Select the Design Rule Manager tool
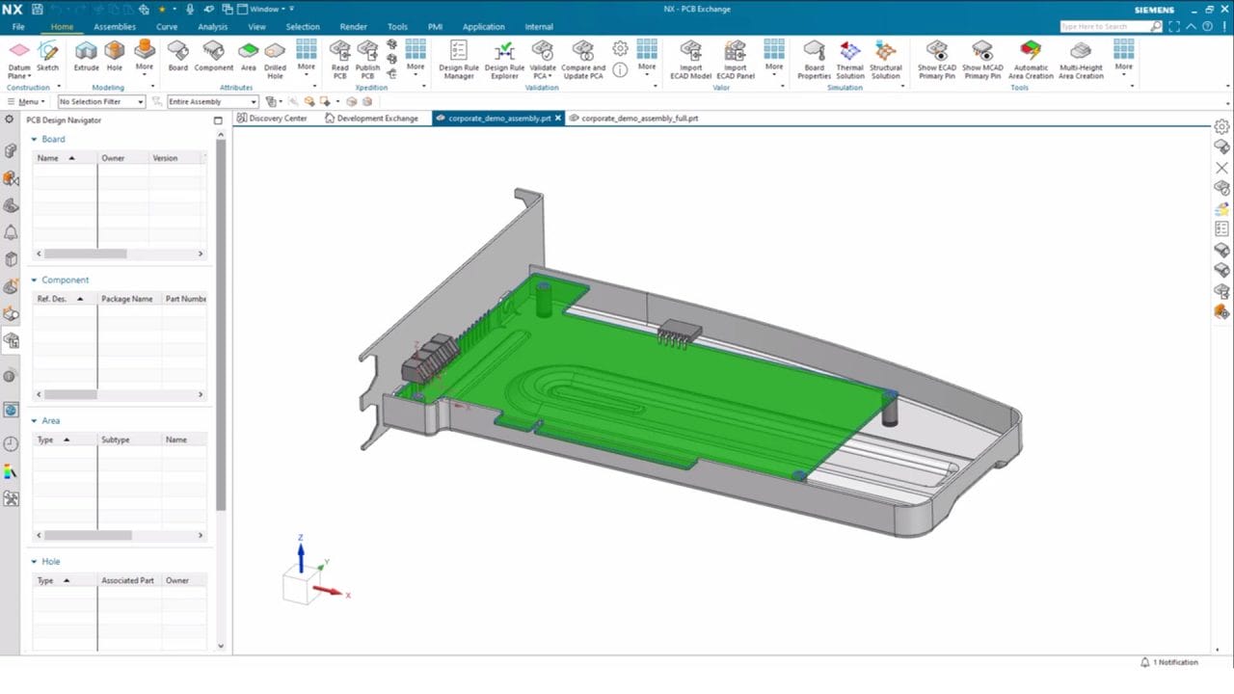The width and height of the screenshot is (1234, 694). click(x=458, y=57)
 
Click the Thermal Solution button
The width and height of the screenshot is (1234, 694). click(x=849, y=57)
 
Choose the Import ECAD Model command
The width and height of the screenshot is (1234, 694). click(x=690, y=57)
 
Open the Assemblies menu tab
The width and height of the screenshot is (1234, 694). click(x=115, y=27)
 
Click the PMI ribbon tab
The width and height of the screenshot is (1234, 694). click(x=435, y=27)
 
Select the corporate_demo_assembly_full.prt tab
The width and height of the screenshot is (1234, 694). click(x=639, y=119)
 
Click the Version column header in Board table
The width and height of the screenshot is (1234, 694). click(x=165, y=158)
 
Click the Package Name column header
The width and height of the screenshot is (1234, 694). click(x=126, y=299)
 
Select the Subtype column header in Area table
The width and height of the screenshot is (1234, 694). click(x=115, y=440)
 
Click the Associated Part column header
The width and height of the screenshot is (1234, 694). click(x=127, y=580)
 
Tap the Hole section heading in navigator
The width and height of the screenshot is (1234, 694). click(x=50, y=561)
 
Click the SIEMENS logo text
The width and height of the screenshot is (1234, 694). click(x=1154, y=10)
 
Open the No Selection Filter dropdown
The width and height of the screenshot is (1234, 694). click(x=101, y=101)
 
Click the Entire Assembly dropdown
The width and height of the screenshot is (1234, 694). click(x=212, y=101)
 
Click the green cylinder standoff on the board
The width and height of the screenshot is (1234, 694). click(x=544, y=300)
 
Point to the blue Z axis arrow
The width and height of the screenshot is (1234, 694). click(x=301, y=555)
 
